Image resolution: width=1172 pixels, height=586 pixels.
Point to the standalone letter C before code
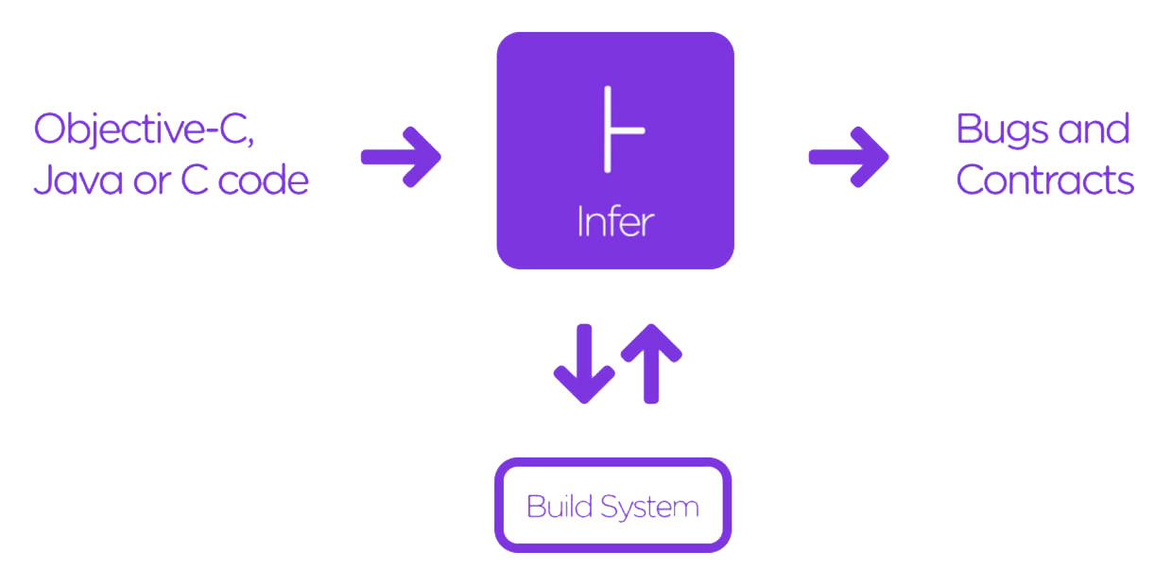[194, 181]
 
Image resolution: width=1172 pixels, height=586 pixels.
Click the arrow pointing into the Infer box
[401, 156]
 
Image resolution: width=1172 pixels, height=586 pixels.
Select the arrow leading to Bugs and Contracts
[848, 156]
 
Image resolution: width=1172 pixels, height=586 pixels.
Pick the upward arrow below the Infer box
[650, 364]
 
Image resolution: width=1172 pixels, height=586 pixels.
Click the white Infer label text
[615, 221]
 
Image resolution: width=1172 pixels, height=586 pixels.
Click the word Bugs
[1001, 130]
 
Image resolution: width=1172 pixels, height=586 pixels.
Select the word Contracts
[1044, 180]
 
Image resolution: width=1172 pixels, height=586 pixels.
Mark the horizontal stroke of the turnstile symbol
[628, 130]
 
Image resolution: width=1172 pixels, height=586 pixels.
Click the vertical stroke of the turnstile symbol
[608, 129]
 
